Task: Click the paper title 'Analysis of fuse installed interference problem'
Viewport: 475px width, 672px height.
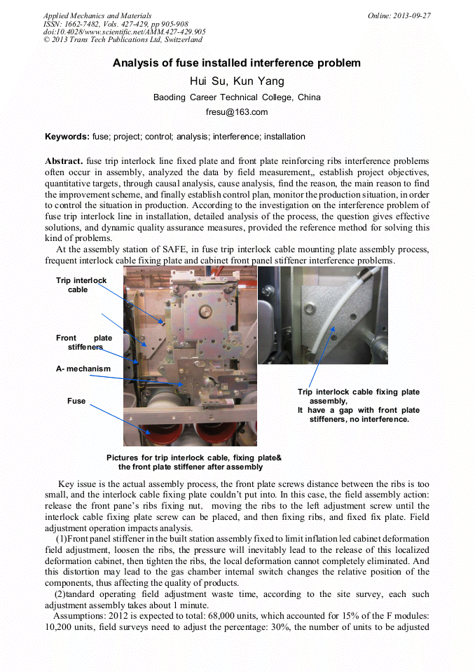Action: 237,63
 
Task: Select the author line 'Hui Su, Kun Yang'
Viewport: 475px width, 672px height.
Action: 237,81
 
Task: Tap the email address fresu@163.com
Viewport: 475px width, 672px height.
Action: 237,112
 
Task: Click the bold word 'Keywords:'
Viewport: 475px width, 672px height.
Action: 67,136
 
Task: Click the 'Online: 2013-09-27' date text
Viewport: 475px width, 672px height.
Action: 399,15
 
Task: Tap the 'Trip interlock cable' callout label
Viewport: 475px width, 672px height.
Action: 81,285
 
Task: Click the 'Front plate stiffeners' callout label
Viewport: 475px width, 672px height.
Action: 84,343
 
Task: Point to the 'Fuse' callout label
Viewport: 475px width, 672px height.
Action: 76,401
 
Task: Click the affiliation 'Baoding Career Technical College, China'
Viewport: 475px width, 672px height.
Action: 237,97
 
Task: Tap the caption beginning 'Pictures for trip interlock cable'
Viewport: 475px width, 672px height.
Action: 194,462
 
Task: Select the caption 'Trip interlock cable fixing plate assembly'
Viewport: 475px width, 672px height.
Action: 359,397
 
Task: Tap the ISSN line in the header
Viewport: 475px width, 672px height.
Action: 116,24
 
